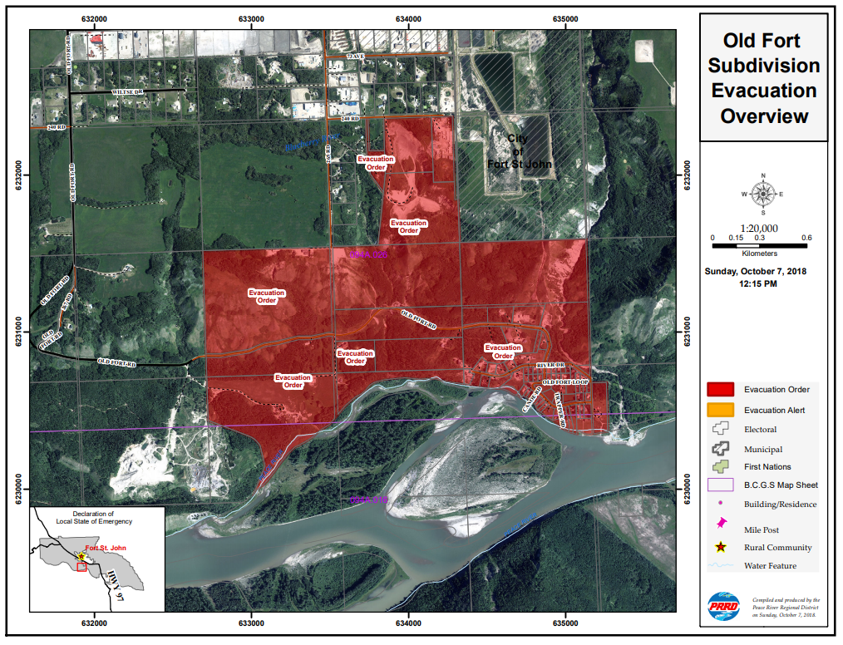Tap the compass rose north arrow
762,194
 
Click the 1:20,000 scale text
759,228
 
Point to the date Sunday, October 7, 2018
755,272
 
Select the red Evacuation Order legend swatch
720,389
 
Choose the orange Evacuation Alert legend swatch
720,409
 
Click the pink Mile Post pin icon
721,524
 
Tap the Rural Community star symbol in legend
720,548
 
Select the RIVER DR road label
550,366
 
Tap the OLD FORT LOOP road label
565,382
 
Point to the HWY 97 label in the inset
115,583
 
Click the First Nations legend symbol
720,466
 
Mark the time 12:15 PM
755,284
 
